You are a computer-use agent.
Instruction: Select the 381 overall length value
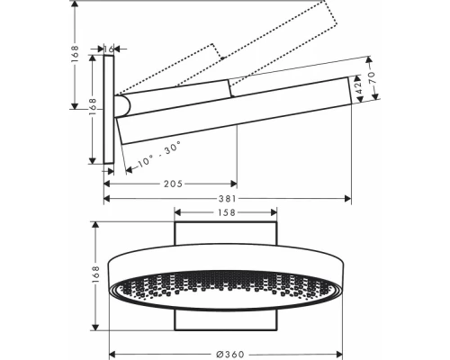click(228, 201)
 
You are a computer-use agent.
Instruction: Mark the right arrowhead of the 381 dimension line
click(347, 201)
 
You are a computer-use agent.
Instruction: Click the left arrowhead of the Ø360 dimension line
click(112, 352)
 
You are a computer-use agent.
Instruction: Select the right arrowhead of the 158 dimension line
click(274, 213)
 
